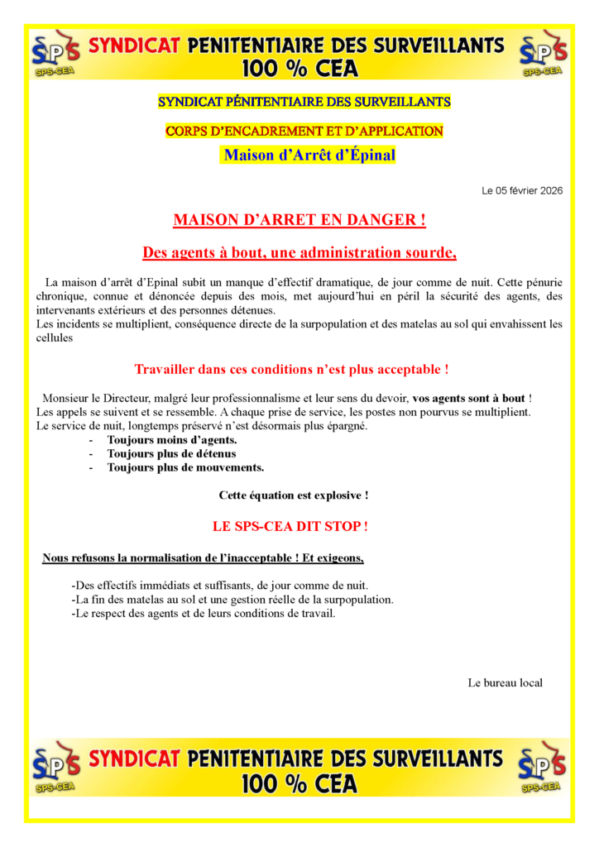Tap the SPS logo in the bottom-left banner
(55, 768)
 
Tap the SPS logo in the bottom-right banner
(543, 768)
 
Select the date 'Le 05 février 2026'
(522, 191)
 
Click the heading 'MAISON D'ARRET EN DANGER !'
(299, 221)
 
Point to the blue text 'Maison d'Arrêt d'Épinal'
(308, 155)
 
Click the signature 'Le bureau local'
(505, 682)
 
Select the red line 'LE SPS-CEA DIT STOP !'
(290, 526)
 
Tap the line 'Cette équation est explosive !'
(293, 495)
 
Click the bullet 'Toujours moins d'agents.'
(172, 440)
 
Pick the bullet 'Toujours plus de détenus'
(171, 453)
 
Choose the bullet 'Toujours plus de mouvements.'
(185, 467)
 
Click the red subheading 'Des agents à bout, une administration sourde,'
(299, 252)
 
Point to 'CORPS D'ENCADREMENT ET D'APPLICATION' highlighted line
(304, 131)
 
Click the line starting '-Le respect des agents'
(204, 613)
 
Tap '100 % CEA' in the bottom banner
(299, 784)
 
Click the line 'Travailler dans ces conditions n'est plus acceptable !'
(291, 369)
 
